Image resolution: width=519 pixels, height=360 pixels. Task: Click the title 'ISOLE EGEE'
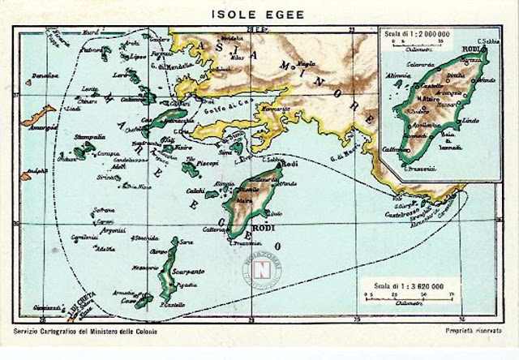pyautogui.click(x=259, y=14)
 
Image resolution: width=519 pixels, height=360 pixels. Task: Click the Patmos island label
pyautogui.click(x=94, y=49)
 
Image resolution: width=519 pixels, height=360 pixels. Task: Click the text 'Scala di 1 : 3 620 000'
pyautogui.click(x=402, y=284)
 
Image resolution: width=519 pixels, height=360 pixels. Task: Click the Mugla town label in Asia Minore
pyautogui.click(x=307, y=63)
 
